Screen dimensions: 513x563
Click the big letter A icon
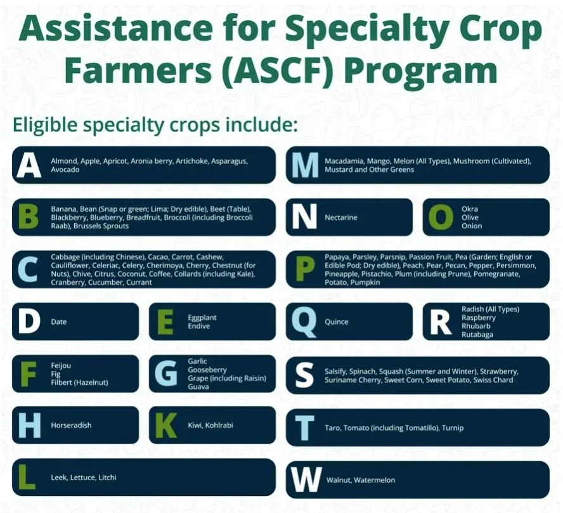[29, 165]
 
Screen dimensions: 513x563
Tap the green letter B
[28, 217]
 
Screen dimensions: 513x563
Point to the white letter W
[306, 479]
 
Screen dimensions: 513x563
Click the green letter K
[165, 425]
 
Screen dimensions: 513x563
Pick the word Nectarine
[340, 218]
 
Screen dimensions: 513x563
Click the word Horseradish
[71, 425]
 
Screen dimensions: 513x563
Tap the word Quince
[336, 321]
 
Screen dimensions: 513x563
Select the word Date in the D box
[58, 321]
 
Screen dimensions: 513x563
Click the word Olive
[470, 218]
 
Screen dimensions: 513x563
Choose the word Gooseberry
[207, 370]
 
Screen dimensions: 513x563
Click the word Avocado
[65, 170]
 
